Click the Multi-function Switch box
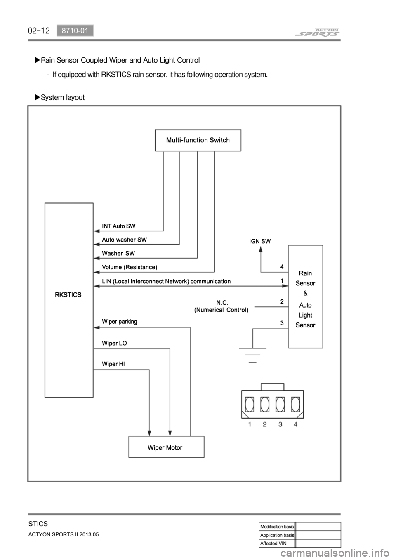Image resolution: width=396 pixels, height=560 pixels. pyautogui.click(x=198, y=140)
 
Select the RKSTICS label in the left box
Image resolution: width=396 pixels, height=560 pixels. pyautogui.click(x=68, y=295)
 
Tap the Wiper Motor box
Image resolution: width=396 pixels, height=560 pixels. pyautogui.click(x=166, y=447)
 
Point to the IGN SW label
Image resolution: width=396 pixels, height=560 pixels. pyautogui.click(x=260, y=242)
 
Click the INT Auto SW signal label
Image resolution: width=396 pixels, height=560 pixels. pyautogui.click(x=118, y=226)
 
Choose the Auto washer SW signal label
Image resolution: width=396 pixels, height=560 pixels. pyautogui.click(x=124, y=240)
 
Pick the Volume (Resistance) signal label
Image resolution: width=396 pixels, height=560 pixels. pyautogui.click(x=130, y=267)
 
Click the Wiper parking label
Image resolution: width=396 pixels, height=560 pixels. pyautogui.click(x=119, y=321)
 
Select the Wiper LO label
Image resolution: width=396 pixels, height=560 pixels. pyautogui.click(x=114, y=343)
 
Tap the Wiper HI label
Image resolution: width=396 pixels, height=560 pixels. pyautogui.click(x=113, y=364)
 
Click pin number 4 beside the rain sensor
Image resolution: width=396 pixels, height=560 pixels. pyautogui.click(x=282, y=267)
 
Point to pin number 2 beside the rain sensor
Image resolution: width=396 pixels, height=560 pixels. pyautogui.click(x=282, y=302)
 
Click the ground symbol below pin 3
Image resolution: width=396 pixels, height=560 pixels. pyautogui.click(x=252, y=355)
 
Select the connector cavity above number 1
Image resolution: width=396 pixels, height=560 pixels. pyautogui.click(x=250, y=404)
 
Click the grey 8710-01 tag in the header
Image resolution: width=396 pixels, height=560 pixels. pyautogui.click(x=75, y=31)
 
